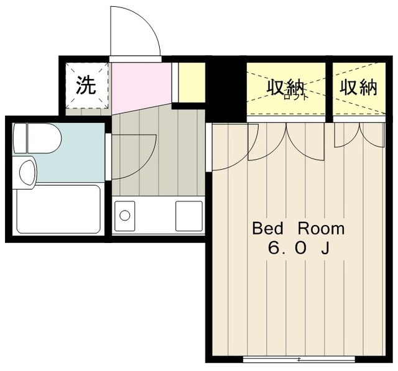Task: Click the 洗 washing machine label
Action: point(86,85)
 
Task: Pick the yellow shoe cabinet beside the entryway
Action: point(192,81)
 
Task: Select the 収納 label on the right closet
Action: point(358,87)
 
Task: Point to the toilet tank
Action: point(21,138)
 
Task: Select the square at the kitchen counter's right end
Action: point(188,215)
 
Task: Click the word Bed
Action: point(266,228)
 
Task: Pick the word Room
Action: point(320,228)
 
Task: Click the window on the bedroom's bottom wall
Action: point(298,359)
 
